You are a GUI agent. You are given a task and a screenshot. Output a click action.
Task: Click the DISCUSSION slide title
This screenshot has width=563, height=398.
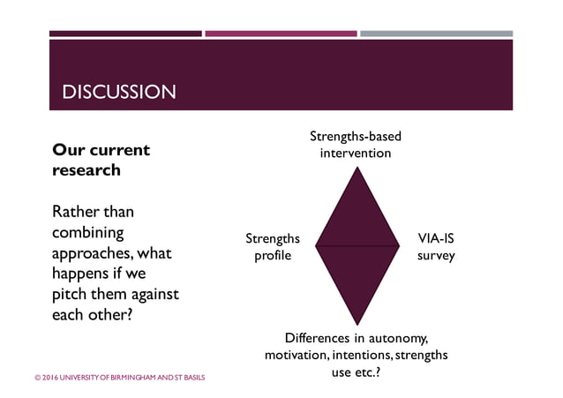point(118,92)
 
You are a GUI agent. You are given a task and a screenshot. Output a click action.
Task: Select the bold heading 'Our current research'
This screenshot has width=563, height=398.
point(101,160)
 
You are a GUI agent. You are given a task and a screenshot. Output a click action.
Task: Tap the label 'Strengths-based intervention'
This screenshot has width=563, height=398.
point(356,145)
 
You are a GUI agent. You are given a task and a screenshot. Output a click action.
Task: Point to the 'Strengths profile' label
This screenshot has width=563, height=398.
point(273,247)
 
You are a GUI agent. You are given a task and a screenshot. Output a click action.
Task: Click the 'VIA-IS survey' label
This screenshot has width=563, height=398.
point(436,247)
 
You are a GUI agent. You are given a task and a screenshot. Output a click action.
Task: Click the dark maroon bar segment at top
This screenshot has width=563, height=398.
point(125,34)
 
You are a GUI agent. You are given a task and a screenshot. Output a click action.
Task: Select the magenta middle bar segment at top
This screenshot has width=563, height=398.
point(281,34)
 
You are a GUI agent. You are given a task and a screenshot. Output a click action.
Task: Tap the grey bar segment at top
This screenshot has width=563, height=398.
point(436,34)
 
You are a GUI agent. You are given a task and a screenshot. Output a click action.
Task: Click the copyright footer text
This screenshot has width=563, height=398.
point(119,377)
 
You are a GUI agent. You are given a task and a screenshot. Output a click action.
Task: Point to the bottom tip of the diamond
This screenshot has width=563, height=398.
point(356,324)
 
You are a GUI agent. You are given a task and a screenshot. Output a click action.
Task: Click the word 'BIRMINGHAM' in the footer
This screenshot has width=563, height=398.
point(122,377)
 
